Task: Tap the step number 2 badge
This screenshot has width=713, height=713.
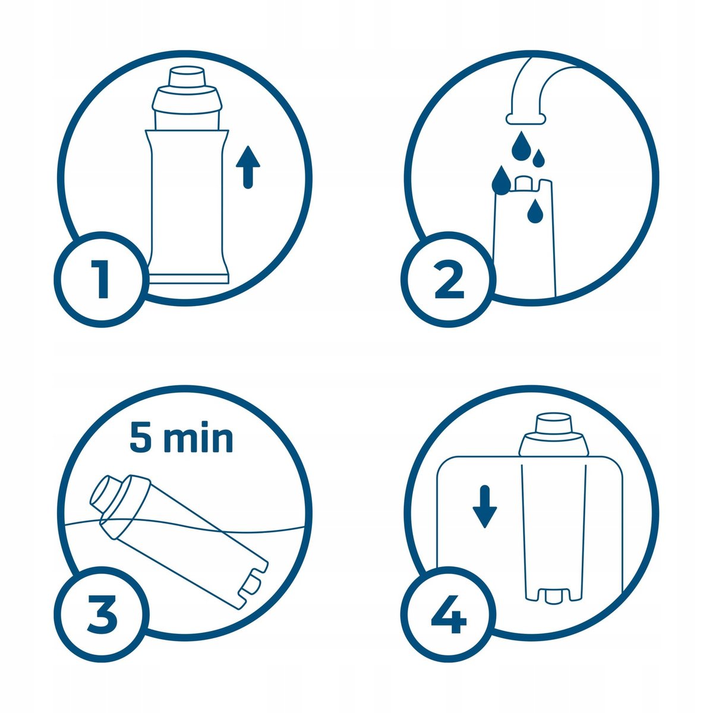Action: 448,280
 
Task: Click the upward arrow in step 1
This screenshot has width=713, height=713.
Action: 248,167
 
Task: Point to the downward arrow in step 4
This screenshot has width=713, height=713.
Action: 484,507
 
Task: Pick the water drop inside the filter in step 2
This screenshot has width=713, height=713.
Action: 534,212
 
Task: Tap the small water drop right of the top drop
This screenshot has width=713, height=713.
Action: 539,157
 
